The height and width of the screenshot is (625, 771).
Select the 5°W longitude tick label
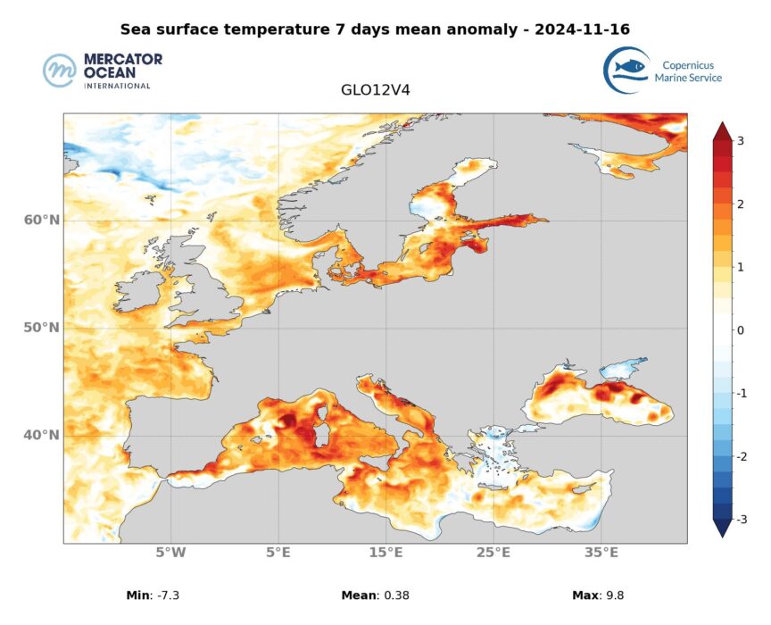[170, 553]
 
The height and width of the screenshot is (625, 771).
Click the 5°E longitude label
[278, 553]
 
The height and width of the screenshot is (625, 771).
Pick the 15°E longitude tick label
[385, 553]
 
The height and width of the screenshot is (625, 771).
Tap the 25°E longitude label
[493, 553]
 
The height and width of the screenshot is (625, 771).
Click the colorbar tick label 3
[741, 141]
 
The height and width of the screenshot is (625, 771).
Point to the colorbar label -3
[739, 519]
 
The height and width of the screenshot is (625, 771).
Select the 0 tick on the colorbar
[741, 330]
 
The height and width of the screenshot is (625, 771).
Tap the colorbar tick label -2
[739, 456]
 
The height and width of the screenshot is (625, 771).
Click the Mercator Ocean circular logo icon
[60, 71]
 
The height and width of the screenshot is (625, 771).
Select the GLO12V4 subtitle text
[375, 90]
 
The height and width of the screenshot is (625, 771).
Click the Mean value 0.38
[394, 595]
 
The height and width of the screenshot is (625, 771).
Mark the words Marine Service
[688, 78]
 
